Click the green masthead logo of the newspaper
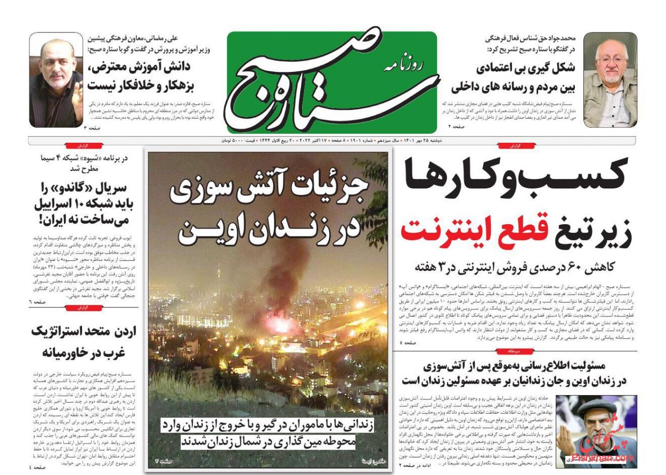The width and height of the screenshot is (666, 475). [331, 83]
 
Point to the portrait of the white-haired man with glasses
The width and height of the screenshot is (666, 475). [610, 80]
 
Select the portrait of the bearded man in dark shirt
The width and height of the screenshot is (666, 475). [55, 80]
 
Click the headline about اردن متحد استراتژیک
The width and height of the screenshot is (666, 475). [84, 341]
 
